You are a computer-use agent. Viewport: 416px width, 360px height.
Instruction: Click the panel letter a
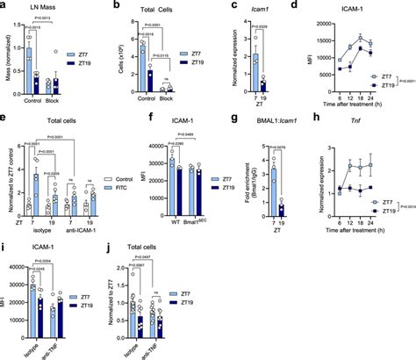coord(4,5)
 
